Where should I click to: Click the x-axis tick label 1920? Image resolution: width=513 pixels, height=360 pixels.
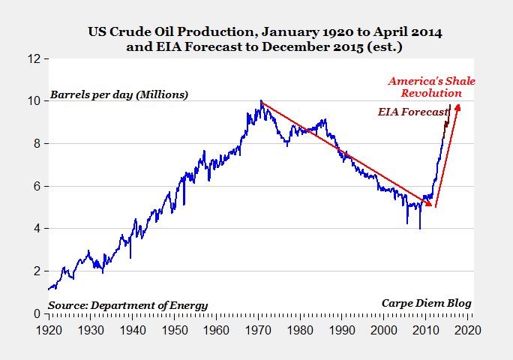coord(49,330)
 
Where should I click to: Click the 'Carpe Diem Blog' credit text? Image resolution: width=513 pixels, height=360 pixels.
coord(426,303)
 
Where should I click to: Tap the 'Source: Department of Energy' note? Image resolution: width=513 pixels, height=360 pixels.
coord(127,305)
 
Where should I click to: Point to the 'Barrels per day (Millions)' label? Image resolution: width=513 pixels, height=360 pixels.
coord(119,95)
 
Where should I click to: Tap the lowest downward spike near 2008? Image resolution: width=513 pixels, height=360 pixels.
coord(420,228)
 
